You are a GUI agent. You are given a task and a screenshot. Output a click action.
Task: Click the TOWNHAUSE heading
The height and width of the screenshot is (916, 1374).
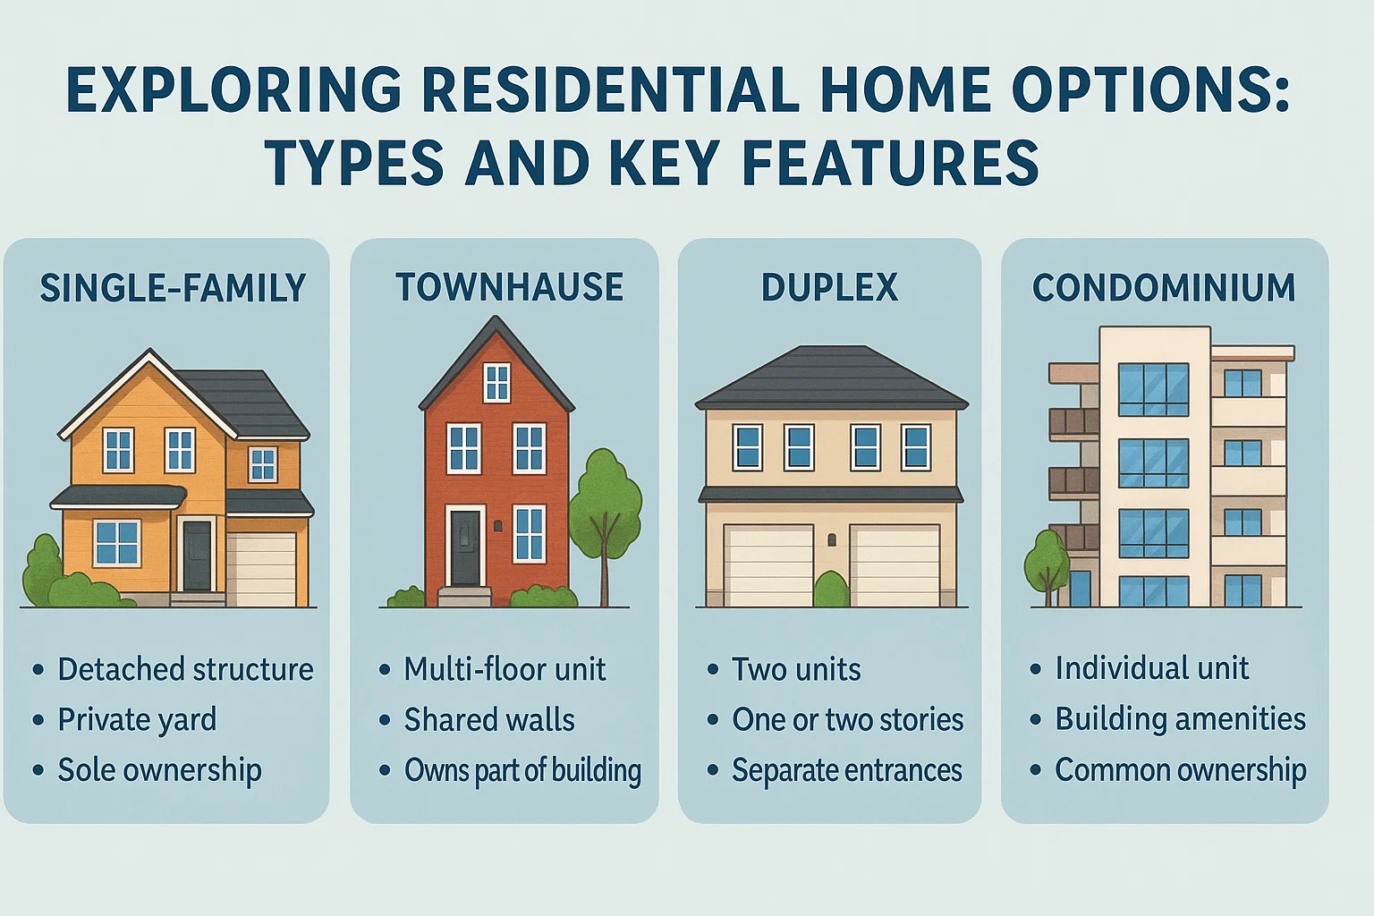(509, 288)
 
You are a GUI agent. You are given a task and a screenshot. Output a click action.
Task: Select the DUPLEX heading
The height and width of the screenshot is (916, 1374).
(829, 288)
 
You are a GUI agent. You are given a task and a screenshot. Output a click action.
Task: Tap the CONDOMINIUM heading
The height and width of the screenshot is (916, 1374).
(1164, 288)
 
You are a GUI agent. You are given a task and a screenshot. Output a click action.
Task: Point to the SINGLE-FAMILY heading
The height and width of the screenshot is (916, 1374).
(173, 288)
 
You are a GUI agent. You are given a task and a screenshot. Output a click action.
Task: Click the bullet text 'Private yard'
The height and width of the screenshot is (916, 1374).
(137, 720)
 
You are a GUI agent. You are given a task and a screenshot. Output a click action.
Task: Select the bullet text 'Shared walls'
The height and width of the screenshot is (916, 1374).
(489, 720)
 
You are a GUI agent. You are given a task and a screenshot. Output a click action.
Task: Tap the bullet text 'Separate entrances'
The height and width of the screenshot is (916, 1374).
(846, 770)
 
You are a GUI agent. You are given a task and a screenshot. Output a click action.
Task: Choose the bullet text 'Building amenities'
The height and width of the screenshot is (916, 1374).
(1180, 719)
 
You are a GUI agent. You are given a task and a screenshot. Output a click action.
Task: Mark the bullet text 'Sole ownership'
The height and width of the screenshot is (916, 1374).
(159, 770)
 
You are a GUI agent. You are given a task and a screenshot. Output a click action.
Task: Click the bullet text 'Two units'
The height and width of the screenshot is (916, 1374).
(796, 669)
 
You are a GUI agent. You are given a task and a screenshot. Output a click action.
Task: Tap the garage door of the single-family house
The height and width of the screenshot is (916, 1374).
(261, 569)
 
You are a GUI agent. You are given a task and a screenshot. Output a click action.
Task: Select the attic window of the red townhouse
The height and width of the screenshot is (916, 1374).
(496, 383)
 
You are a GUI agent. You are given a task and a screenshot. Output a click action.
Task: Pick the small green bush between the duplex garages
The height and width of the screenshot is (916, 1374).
(831, 589)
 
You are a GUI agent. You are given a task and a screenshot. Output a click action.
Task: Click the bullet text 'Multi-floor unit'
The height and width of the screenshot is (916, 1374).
(505, 669)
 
